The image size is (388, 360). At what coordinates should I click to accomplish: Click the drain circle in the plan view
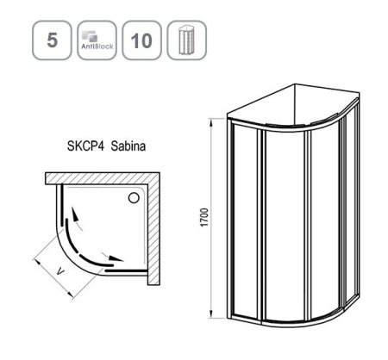(133, 198)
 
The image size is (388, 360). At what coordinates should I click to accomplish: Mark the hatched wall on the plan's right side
(154, 233)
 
